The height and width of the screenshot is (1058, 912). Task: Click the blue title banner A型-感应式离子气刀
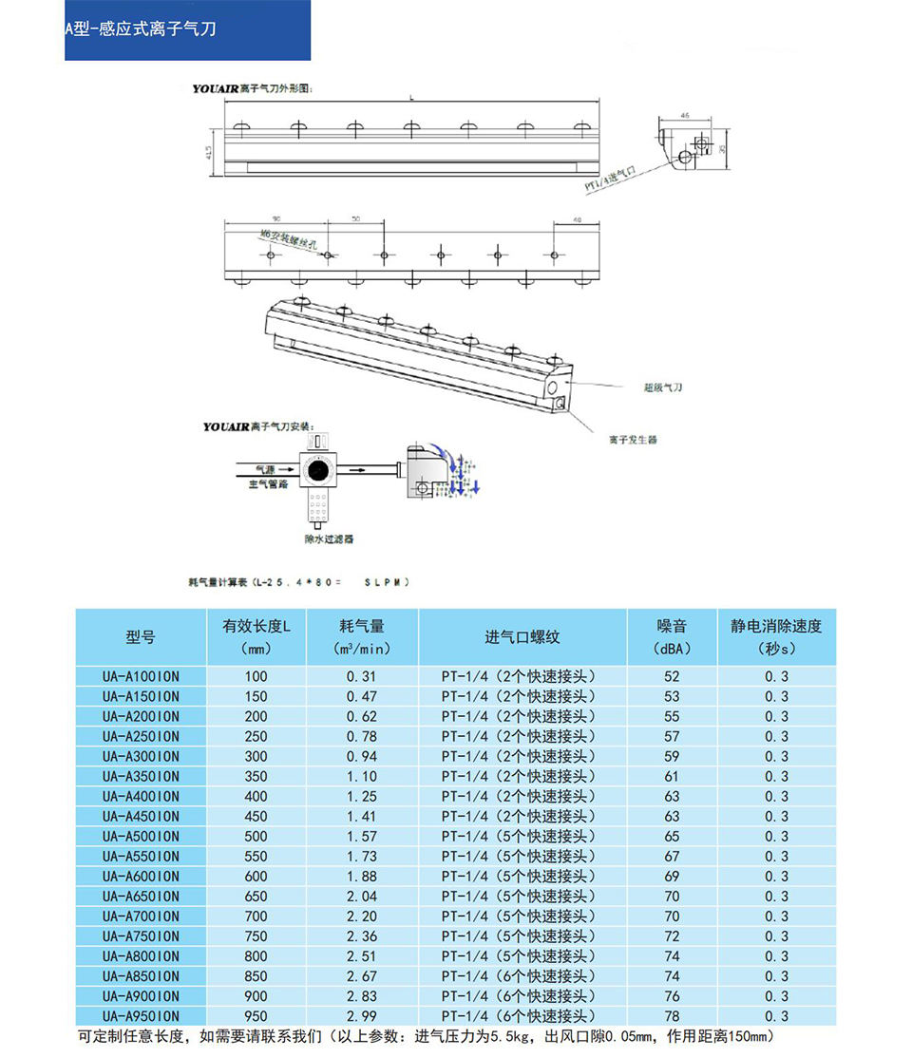pos(187,29)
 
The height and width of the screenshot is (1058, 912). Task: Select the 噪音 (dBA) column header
pos(672,637)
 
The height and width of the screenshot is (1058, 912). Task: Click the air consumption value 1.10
pos(362,776)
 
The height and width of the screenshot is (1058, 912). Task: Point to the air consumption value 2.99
pos(362,1016)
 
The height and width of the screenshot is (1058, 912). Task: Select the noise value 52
pos(672,676)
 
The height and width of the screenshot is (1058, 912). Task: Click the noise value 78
pos(672,1016)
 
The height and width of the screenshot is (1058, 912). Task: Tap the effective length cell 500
pos(256,837)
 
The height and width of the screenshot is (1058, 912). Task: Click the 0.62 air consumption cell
pos(362,716)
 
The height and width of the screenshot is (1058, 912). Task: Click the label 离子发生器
pos(634,440)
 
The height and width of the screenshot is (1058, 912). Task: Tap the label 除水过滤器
pos(328,538)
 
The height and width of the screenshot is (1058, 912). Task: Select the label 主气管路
pos(268,483)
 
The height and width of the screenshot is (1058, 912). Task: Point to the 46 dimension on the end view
pos(684,115)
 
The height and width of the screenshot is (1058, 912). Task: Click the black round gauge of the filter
pos(316,470)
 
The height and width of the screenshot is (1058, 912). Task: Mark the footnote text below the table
pos(427,1036)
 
